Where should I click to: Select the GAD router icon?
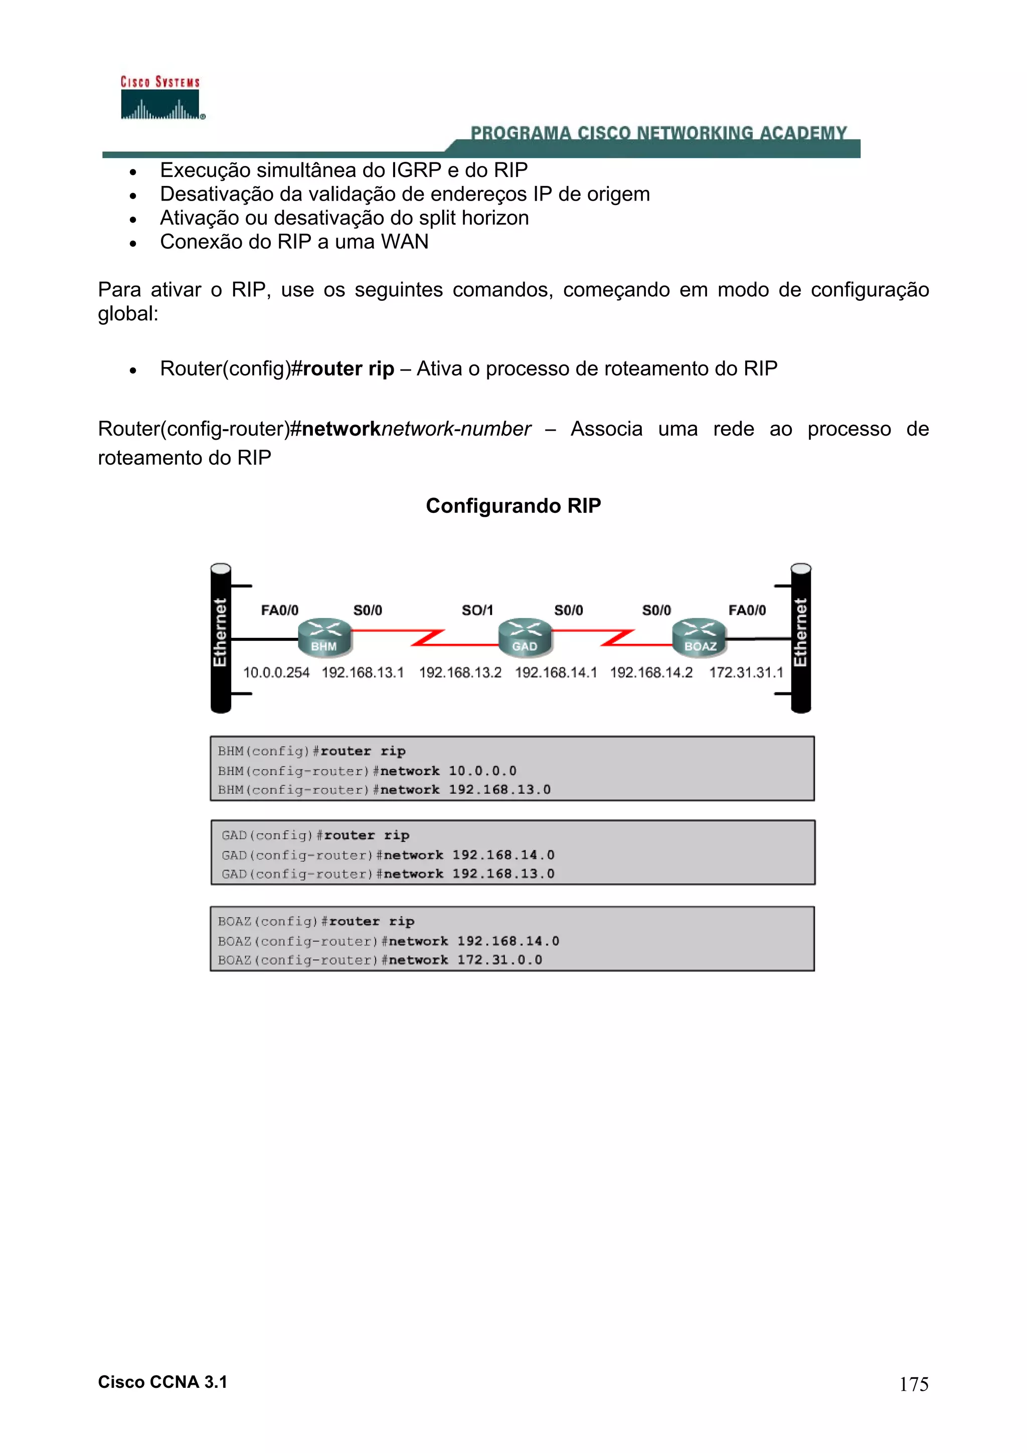pyautogui.click(x=525, y=637)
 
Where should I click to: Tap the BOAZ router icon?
pyautogui.click(x=699, y=637)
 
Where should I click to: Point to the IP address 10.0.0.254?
pyautogui.click(x=276, y=673)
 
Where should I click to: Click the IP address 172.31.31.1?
pyautogui.click(x=746, y=673)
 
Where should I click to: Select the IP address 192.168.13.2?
pyautogui.click(x=460, y=673)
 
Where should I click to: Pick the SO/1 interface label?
pyautogui.click(x=476, y=610)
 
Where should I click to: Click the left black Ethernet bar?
pyautogui.click(x=220, y=638)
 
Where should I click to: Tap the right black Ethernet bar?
pyautogui.click(x=801, y=638)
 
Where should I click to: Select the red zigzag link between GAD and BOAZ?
pyautogui.click(x=617, y=637)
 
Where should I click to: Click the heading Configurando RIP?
pyautogui.click(x=513, y=505)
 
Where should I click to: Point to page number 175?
pyautogui.click(x=914, y=1384)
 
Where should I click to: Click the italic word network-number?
pyautogui.click(x=456, y=429)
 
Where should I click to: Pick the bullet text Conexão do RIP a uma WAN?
pyautogui.click(x=294, y=242)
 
